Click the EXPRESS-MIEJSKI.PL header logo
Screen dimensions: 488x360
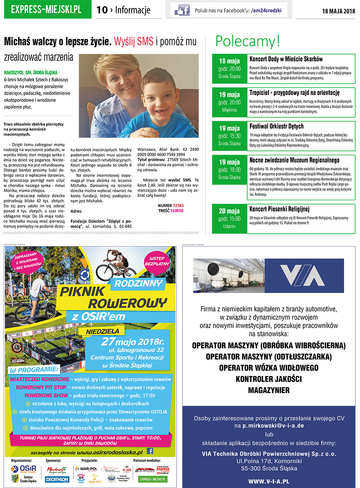46,10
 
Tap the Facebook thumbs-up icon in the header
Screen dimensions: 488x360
182,10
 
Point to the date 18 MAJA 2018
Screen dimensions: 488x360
338,11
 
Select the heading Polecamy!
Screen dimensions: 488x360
248,41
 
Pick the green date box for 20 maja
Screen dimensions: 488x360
230,219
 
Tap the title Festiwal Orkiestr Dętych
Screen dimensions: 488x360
276,126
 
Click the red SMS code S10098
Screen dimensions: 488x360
177,210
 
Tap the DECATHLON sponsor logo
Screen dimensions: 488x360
57,479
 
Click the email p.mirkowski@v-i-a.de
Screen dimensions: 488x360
273,426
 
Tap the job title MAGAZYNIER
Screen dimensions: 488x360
268,390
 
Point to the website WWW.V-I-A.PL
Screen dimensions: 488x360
268,481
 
